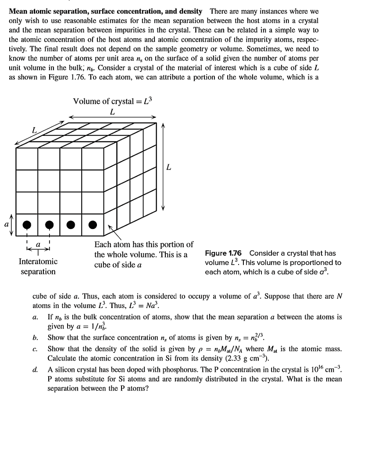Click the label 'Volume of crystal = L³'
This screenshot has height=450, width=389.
(112, 101)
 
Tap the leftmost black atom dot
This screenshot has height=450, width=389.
(27, 225)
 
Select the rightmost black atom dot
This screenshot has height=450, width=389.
(92, 225)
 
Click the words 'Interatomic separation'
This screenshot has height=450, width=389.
(38, 266)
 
